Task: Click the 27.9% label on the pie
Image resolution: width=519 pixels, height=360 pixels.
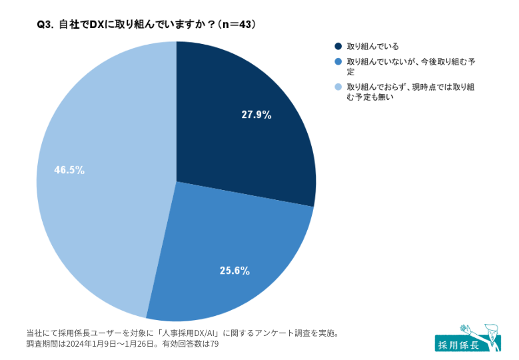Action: (257, 114)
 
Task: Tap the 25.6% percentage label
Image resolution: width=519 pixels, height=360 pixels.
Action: (235, 270)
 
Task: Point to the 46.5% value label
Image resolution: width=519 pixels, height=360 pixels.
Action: (69, 170)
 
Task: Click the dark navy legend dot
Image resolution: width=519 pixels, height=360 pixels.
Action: (338, 46)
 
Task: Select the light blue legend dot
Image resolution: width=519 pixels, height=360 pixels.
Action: (338, 87)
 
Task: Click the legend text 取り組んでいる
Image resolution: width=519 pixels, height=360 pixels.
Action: (372, 46)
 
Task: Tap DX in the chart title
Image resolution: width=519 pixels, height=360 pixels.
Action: (97, 24)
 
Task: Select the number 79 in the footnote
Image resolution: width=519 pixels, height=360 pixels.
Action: (214, 345)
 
